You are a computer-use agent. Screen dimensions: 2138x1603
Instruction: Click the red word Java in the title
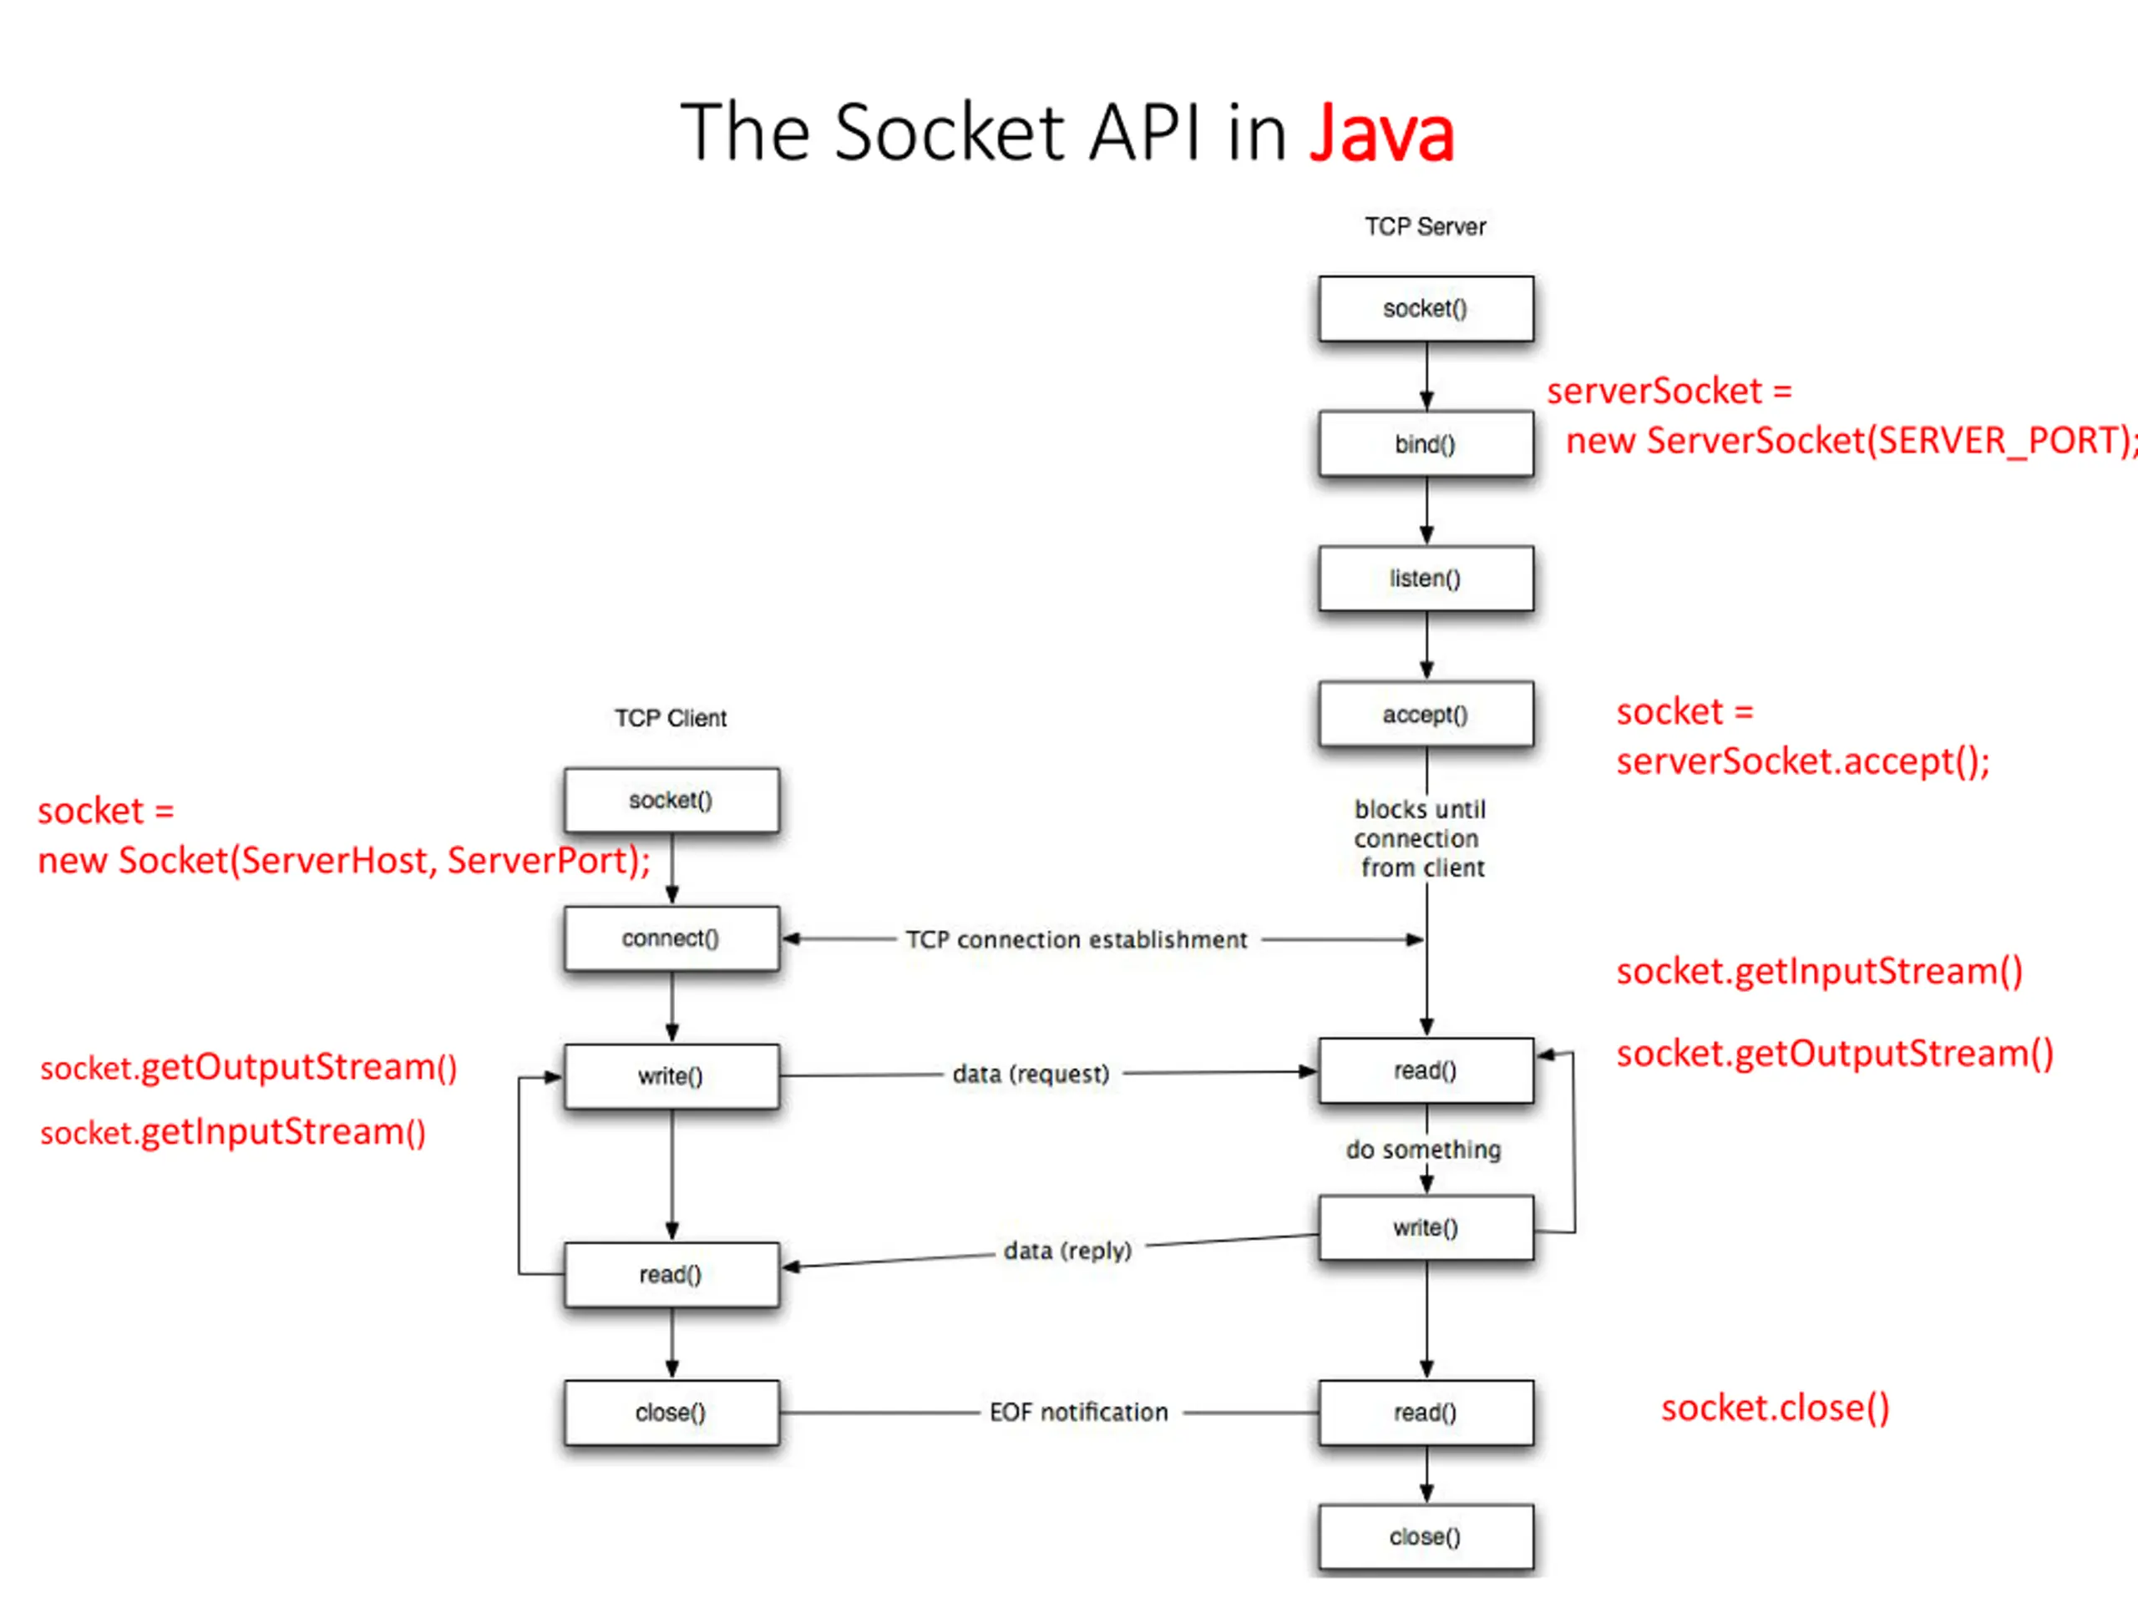click(1381, 133)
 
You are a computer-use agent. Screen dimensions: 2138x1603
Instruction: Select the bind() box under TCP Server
click(1426, 443)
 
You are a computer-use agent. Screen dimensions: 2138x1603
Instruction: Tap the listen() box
click(1426, 578)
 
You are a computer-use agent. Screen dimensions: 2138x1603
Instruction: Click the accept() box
click(1426, 714)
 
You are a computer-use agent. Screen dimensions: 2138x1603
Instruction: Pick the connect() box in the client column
click(671, 938)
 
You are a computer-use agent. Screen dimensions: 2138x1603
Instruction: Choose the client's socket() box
click(671, 800)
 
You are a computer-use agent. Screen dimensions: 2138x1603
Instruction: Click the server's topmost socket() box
click(1426, 308)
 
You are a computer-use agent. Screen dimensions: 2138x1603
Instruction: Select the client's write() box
click(671, 1075)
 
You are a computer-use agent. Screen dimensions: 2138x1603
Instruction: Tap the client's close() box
click(671, 1413)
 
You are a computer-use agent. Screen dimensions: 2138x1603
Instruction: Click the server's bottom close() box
click(1426, 1536)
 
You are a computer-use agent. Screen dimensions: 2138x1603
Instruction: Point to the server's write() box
click(1426, 1227)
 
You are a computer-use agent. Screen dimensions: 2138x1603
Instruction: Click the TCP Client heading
click(671, 718)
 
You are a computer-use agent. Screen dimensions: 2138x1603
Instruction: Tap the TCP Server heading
click(1426, 226)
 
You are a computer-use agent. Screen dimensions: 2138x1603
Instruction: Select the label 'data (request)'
click(1031, 1075)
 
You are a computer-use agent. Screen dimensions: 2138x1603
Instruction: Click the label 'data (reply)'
click(1068, 1251)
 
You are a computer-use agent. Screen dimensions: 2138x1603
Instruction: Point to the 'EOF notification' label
click(1079, 1413)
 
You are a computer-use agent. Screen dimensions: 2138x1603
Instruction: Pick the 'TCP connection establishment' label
click(1077, 939)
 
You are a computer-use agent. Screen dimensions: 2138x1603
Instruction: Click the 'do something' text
click(1424, 1150)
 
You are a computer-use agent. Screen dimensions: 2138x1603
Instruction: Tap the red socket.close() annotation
click(1776, 1408)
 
